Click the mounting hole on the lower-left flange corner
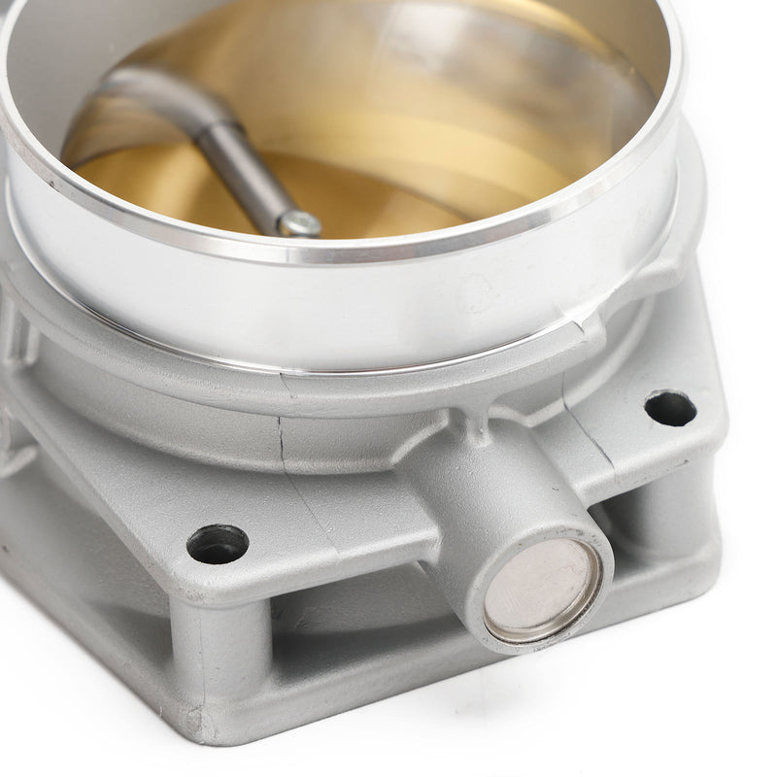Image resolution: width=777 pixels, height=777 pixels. click(217, 543)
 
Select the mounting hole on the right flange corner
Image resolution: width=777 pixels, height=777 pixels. click(670, 408)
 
